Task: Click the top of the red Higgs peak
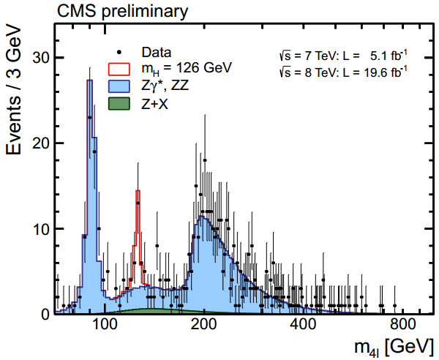point(138,191)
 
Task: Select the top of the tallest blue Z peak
point(89,80)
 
